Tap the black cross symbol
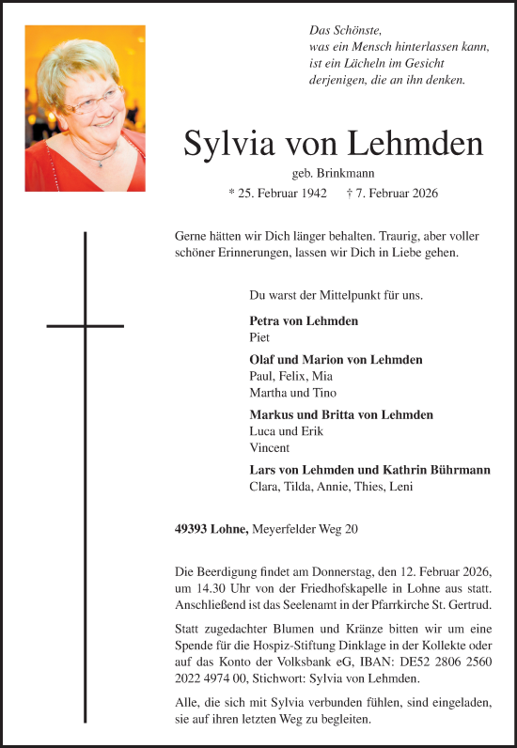tap(86, 325)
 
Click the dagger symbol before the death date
tap(350, 194)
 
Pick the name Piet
tap(259, 336)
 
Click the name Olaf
tap(262, 360)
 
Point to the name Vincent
tap(270, 447)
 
